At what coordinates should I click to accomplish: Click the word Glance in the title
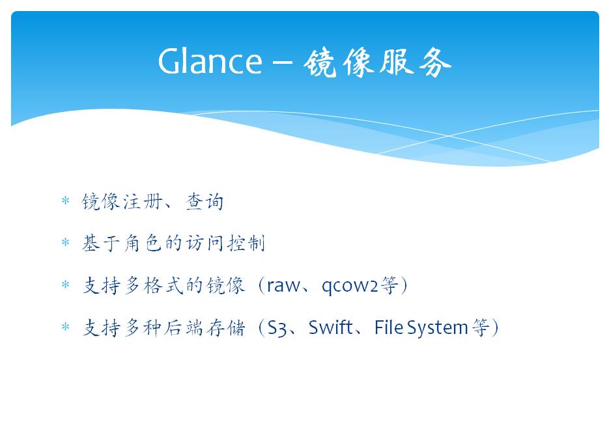tap(210, 61)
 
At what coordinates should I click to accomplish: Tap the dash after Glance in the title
tap(282, 62)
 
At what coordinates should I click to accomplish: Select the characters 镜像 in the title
tap(338, 62)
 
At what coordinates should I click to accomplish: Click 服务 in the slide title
tap(415, 62)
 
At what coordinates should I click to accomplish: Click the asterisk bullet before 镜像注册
tap(65, 201)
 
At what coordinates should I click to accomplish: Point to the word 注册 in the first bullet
tap(143, 202)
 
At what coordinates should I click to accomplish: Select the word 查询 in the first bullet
tap(205, 202)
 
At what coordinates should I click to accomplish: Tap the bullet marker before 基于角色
tap(65, 243)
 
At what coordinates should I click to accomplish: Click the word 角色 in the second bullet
tap(143, 243)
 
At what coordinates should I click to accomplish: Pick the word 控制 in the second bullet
tap(246, 243)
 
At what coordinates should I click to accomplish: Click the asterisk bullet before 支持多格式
tap(65, 285)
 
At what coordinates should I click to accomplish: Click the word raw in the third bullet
tap(283, 286)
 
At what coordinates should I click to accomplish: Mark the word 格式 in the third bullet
tap(163, 286)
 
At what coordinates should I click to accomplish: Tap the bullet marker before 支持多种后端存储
tap(65, 327)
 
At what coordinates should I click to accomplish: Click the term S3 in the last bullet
tap(277, 327)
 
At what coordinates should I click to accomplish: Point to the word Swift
tap(330, 327)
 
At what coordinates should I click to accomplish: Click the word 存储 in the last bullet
tap(226, 327)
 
